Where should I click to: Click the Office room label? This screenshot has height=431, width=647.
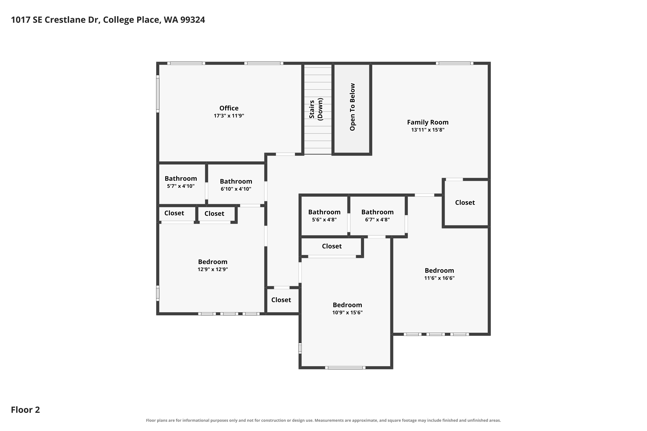coord(229,108)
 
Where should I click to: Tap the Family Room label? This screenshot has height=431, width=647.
coord(428,122)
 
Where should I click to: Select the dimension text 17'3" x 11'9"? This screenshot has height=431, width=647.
coord(229,116)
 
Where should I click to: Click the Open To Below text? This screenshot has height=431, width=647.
coord(352,107)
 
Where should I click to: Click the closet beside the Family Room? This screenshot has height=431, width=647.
coord(465,203)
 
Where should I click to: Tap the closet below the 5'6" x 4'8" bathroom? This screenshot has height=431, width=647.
coord(332,246)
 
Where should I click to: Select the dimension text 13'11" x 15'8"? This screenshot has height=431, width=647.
coord(428,130)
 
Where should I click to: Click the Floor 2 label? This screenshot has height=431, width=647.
coord(25,410)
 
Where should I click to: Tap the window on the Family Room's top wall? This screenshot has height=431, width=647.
coord(454,63)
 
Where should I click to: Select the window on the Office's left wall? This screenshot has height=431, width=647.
coord(158,94)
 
